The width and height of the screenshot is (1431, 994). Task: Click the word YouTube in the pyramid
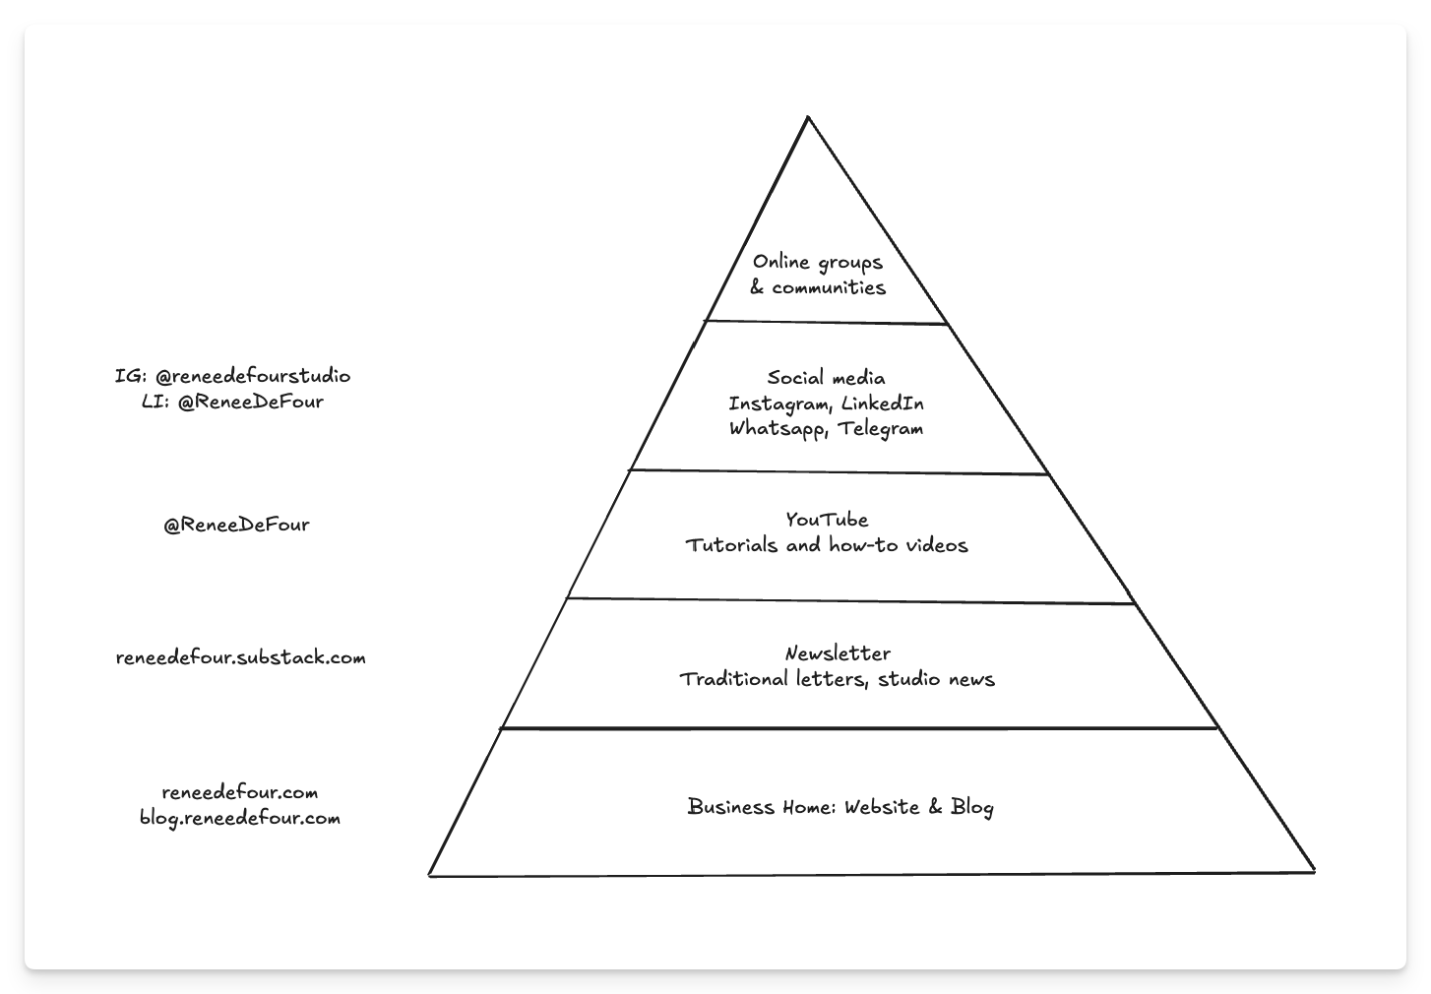pos(827,520)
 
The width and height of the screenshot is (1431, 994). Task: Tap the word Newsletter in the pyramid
pos(838,653)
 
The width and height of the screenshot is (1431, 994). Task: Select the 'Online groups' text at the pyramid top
pos(818,262)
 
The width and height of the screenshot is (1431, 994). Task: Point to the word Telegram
pos(881,429)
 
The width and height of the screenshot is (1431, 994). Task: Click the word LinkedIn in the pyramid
pos(883,404)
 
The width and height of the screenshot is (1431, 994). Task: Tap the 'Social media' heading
pos(826,378)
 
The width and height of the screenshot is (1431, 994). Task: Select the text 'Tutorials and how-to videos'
pos(827,545)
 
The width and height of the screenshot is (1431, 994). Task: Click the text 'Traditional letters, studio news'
pos(837,679)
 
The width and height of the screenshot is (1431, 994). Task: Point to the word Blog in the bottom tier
pos(972,807)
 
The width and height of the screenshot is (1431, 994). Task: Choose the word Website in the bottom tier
pos(882,807)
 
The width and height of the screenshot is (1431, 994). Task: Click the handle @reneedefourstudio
pos(253,376)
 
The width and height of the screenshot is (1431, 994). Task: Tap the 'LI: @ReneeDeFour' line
pos(232,402)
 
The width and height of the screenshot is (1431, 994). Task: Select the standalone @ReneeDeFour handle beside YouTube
pos(236,526)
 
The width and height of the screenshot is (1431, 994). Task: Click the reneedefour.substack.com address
pos(240,657)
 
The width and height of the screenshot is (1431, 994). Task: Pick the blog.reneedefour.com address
pos(240,818)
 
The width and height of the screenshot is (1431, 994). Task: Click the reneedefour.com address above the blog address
pos(240,792)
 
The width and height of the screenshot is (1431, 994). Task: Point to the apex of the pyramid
pos(808,119)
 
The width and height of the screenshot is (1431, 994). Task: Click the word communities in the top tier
pos(829,287)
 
